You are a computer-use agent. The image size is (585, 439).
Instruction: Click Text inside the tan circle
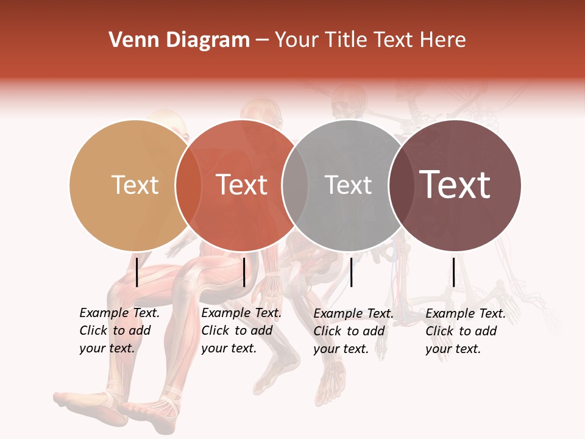pyautogui.click(x=135, y=185)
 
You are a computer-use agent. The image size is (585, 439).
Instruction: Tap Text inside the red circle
pyautogui.click(x=241, y=185)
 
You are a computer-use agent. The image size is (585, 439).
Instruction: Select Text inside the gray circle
pyautogui.click(x=348, y=185)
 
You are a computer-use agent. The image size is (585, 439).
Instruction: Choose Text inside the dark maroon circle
pyautogui.click(x=455, y=185)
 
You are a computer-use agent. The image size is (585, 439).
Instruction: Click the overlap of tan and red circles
pyautogui.click(x=188, y=185)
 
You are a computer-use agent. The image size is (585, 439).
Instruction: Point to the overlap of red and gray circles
pyautogui.click(x=295, y=185)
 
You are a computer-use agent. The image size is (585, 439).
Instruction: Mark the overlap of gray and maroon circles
pyautogui.click(x=402, y=185)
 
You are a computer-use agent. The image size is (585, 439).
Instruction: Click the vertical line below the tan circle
pyautogui.click(x=136, y=272)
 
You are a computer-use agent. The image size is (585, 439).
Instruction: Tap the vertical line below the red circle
pyautogui.click(x=244, y=272)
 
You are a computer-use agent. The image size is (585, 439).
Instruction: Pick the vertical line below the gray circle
pyautogui.click(x=351, y=272)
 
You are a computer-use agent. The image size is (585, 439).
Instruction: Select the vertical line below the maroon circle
pyautogui.click(x=454, y=272)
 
